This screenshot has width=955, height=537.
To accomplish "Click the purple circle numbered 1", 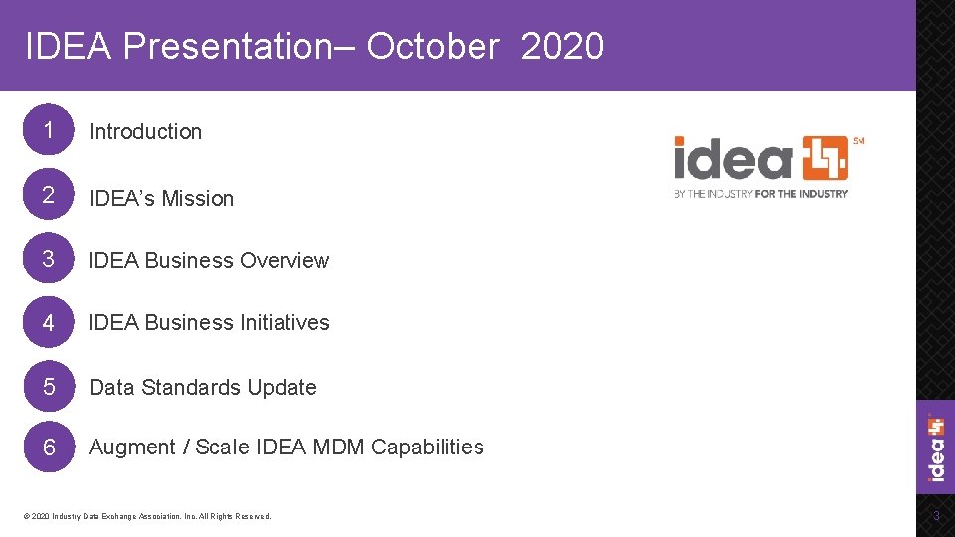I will pos(47,130).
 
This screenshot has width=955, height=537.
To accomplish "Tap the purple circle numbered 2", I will pos(47,196).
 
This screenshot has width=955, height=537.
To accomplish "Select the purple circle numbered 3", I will pos(47,259).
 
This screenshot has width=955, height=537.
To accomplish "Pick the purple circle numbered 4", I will pos(47,322).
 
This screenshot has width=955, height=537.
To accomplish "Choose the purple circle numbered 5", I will pos(47,386).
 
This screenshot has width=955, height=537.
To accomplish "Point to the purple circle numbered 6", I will pos(47,447).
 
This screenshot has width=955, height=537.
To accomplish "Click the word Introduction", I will pos(145,131).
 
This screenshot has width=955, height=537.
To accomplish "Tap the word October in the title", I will pos(432,46).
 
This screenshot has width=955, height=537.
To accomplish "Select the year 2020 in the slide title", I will pos(562,46).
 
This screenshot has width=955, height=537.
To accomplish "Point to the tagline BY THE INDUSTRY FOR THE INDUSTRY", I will pos(761,193).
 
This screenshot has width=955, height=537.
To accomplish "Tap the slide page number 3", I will pos(935,516).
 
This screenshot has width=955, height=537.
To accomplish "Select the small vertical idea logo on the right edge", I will pos(936,447).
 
